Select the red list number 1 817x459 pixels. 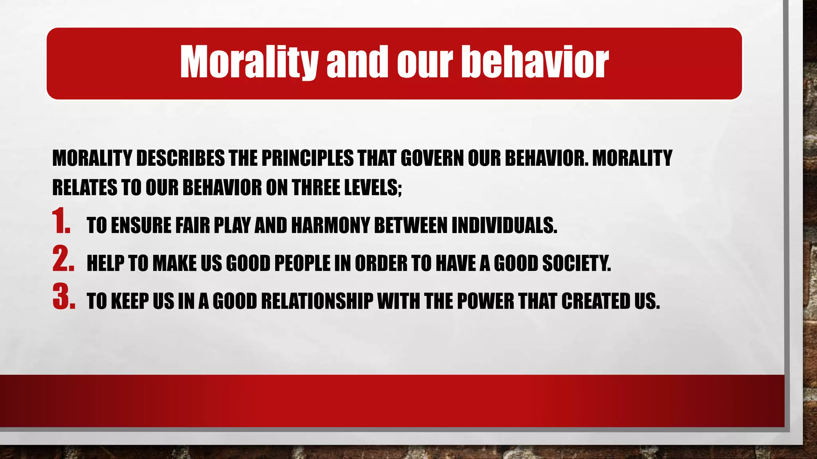click(x=61, y=222)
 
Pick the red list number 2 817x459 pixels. click(x=63, y=259)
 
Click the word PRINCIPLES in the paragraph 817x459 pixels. click(x=307, y=158)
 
